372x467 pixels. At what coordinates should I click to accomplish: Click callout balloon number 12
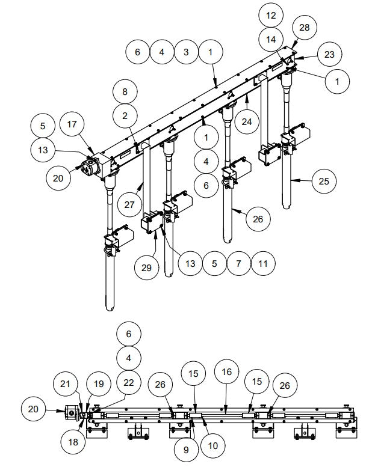pos(271,14)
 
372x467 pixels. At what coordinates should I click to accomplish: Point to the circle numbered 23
pos(328,55)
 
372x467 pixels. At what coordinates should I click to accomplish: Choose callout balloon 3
pos(186,52)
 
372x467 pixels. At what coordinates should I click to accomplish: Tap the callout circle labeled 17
pos(72,126)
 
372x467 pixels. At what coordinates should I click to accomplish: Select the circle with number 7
pos(239,263)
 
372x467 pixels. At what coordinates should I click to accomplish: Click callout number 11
pos(264,263)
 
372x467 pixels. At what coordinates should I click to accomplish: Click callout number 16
pos(226,373)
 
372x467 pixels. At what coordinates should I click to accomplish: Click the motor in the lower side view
pos(72,412)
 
